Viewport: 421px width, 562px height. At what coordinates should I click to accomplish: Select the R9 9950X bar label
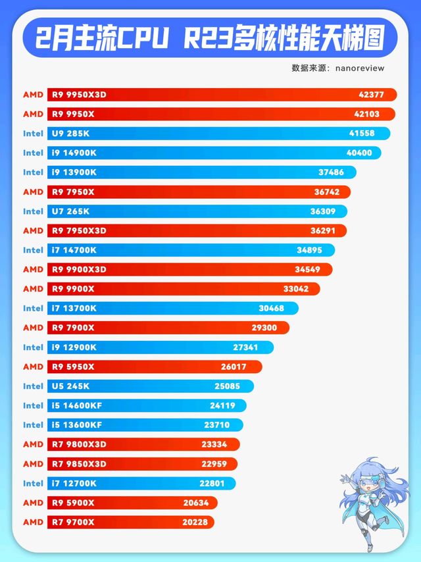(x=72, y=115)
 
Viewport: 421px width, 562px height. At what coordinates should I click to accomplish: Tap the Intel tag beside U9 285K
(x=34, y=134)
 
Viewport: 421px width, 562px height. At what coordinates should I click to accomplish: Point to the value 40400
(x=359, y=153)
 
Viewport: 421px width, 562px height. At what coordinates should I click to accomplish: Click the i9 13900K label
(x=74, y=172)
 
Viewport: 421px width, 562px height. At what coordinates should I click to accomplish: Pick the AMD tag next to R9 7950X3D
(x=34, y=231)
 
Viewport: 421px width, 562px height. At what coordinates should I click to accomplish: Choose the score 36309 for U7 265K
(x=323, y=211)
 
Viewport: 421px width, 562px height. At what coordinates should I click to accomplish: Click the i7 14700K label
(x=74, y=250)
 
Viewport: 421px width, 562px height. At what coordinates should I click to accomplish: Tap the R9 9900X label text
(x=72, y=289)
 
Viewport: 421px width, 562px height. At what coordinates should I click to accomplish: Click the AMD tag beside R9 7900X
(x=34, y=328)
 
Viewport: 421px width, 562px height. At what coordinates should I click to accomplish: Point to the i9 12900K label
(x=74, y=347)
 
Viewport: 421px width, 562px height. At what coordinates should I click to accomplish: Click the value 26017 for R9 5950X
(x=235, y=367)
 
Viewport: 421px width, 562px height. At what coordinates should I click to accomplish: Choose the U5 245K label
(x=70, y=386)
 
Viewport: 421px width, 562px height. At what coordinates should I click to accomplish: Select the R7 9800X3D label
(x=78, y=444)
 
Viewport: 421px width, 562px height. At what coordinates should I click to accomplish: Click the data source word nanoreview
(x=360, y=68)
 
